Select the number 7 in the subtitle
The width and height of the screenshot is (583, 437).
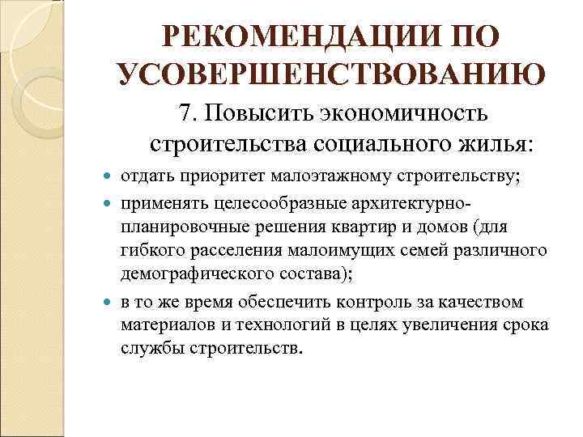(x=186, y=115)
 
